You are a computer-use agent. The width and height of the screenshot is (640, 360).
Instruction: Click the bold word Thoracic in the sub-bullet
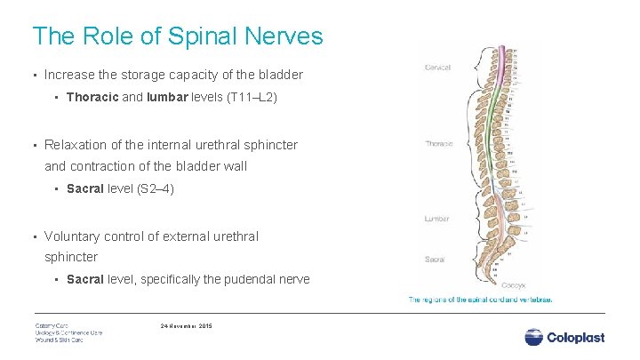[x=92, y=98]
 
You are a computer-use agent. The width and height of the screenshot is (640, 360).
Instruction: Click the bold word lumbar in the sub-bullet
[x=168, y=98]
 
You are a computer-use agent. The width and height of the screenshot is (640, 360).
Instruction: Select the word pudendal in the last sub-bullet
[x=243, y=279]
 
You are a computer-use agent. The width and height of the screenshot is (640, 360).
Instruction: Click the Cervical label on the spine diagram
[x=437, y=67]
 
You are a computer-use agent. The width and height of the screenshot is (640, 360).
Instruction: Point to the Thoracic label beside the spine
[x=439, y=143]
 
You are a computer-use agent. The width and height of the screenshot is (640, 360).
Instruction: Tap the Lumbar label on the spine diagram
[x=437, y=219]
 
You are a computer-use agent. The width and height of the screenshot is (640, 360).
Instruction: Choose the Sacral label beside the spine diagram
[x=435, y=260]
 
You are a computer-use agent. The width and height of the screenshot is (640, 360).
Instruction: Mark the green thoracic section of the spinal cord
[x=504, y=142]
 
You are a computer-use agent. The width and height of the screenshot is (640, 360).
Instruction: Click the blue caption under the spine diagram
[x=480, y=300]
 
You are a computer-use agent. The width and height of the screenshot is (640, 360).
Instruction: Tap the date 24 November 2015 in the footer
[x=186, y=325]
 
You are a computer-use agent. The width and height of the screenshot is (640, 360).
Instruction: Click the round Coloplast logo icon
[x=533, y=337]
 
